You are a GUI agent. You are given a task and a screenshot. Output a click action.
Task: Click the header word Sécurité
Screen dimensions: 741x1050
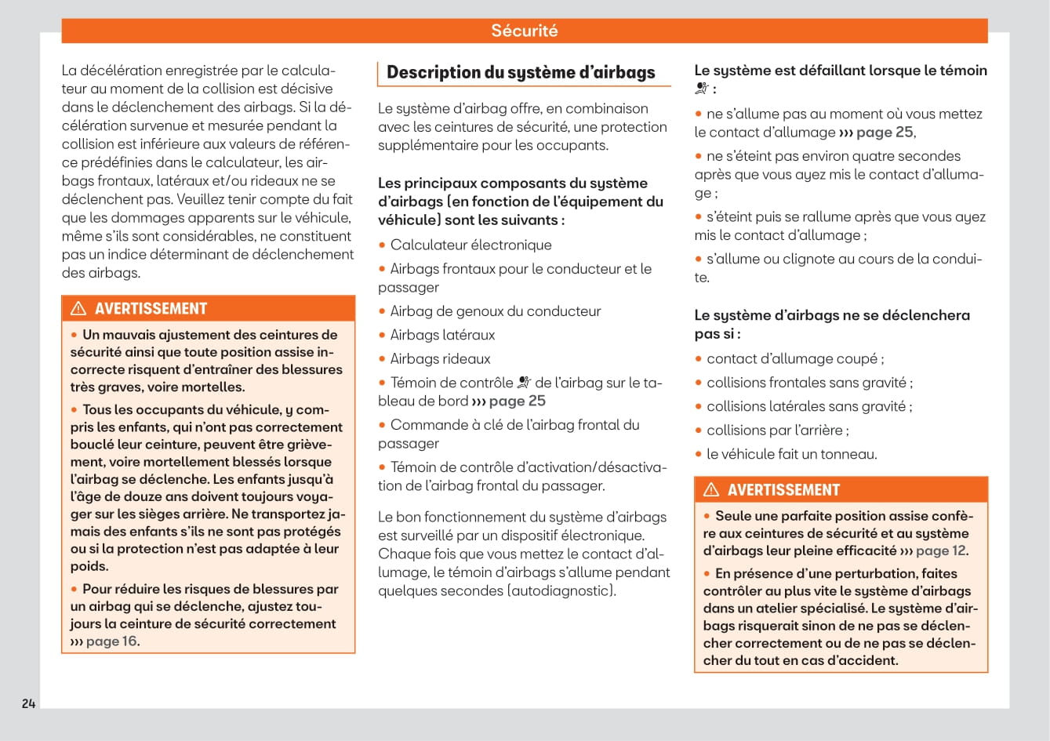pos(524,31)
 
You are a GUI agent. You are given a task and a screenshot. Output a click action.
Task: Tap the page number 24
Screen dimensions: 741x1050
pos(29,703)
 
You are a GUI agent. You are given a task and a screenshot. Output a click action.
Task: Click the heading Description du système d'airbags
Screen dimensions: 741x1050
pos(521,73)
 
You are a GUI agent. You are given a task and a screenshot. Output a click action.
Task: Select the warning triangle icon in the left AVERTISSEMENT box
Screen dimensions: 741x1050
pos(78,308)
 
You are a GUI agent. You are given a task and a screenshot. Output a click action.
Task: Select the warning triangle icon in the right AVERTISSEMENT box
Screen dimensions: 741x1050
pos(711,489)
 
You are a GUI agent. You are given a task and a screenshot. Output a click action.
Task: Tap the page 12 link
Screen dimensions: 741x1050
pos(940,550)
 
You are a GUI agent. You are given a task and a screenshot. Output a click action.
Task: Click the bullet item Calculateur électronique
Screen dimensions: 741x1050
pos(471,245)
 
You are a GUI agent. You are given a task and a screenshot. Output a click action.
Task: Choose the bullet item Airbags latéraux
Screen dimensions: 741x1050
pos(442,335)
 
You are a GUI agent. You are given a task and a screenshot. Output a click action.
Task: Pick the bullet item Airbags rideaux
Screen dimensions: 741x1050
pos(440,359)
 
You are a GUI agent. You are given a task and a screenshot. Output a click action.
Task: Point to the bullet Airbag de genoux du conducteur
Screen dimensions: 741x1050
pos(495,311)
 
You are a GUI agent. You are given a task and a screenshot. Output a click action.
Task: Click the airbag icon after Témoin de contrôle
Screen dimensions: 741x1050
pos(525,383)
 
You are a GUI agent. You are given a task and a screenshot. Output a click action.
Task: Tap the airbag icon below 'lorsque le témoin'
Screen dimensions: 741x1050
pos(702,89)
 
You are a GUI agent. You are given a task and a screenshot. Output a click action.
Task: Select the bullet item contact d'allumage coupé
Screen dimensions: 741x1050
pos(794,359)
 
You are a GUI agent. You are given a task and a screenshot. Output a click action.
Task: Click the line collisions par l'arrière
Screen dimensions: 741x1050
pos(777,430)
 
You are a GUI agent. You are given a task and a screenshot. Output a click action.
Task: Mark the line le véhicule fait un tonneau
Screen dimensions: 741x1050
pos(791,454)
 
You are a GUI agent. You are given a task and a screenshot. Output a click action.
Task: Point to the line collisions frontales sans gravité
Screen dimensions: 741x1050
pos(808,383)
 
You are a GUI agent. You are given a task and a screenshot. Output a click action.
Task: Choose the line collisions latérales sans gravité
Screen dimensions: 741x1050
pos(808,407)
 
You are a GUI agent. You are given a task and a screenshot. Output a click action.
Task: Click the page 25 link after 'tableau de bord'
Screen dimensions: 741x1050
pos(516,401)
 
